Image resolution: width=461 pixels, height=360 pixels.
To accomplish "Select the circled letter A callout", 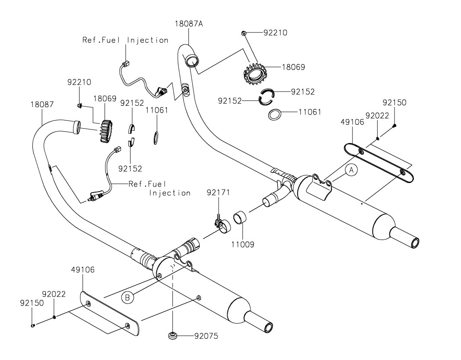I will coord(351,171).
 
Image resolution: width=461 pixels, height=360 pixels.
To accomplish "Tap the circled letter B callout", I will coord(127,297).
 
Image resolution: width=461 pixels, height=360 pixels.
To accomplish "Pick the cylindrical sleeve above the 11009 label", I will coord(241,218).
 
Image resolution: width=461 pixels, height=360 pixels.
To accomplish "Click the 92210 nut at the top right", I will coord(245,33).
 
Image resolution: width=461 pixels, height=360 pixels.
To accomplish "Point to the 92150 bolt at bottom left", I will coord(33,326).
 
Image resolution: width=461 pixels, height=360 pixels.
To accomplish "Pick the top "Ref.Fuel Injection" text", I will coord(125,40).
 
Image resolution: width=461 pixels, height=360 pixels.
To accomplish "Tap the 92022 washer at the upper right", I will coord(378,138).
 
